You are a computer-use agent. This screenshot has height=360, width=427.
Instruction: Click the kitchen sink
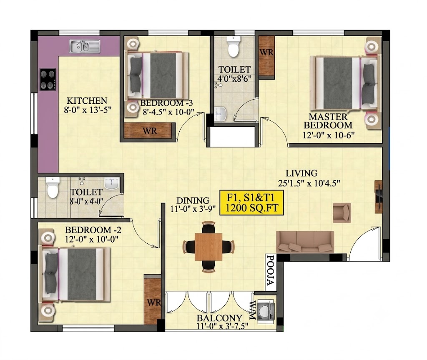coord(85,46)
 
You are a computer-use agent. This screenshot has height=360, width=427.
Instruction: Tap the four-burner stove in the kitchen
coord(48,80)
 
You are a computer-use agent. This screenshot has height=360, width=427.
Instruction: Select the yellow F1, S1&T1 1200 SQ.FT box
coord(252,202)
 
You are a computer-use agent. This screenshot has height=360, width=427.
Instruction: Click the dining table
coord(208,247)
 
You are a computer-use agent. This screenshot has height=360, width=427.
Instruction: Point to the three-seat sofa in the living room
coord(305,242)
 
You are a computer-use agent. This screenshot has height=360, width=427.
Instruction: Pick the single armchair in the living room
coord(342,212)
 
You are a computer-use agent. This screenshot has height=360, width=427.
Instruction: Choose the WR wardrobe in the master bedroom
coord(266,56)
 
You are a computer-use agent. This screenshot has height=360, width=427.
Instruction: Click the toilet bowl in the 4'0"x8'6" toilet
coord(234,46)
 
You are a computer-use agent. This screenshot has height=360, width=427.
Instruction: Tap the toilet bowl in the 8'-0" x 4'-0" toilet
coord(53,187)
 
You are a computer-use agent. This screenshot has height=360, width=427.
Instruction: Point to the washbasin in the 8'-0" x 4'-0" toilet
coord(112,184)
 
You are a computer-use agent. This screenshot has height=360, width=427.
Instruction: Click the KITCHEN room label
coord(87,101)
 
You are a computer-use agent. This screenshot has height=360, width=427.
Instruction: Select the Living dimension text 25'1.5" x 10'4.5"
coord(309,183)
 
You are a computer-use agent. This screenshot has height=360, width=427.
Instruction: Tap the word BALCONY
coord(219,318)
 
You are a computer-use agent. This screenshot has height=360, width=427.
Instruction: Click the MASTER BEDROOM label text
coord(328,121)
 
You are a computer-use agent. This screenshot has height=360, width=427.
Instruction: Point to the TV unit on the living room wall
coord(379,197)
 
